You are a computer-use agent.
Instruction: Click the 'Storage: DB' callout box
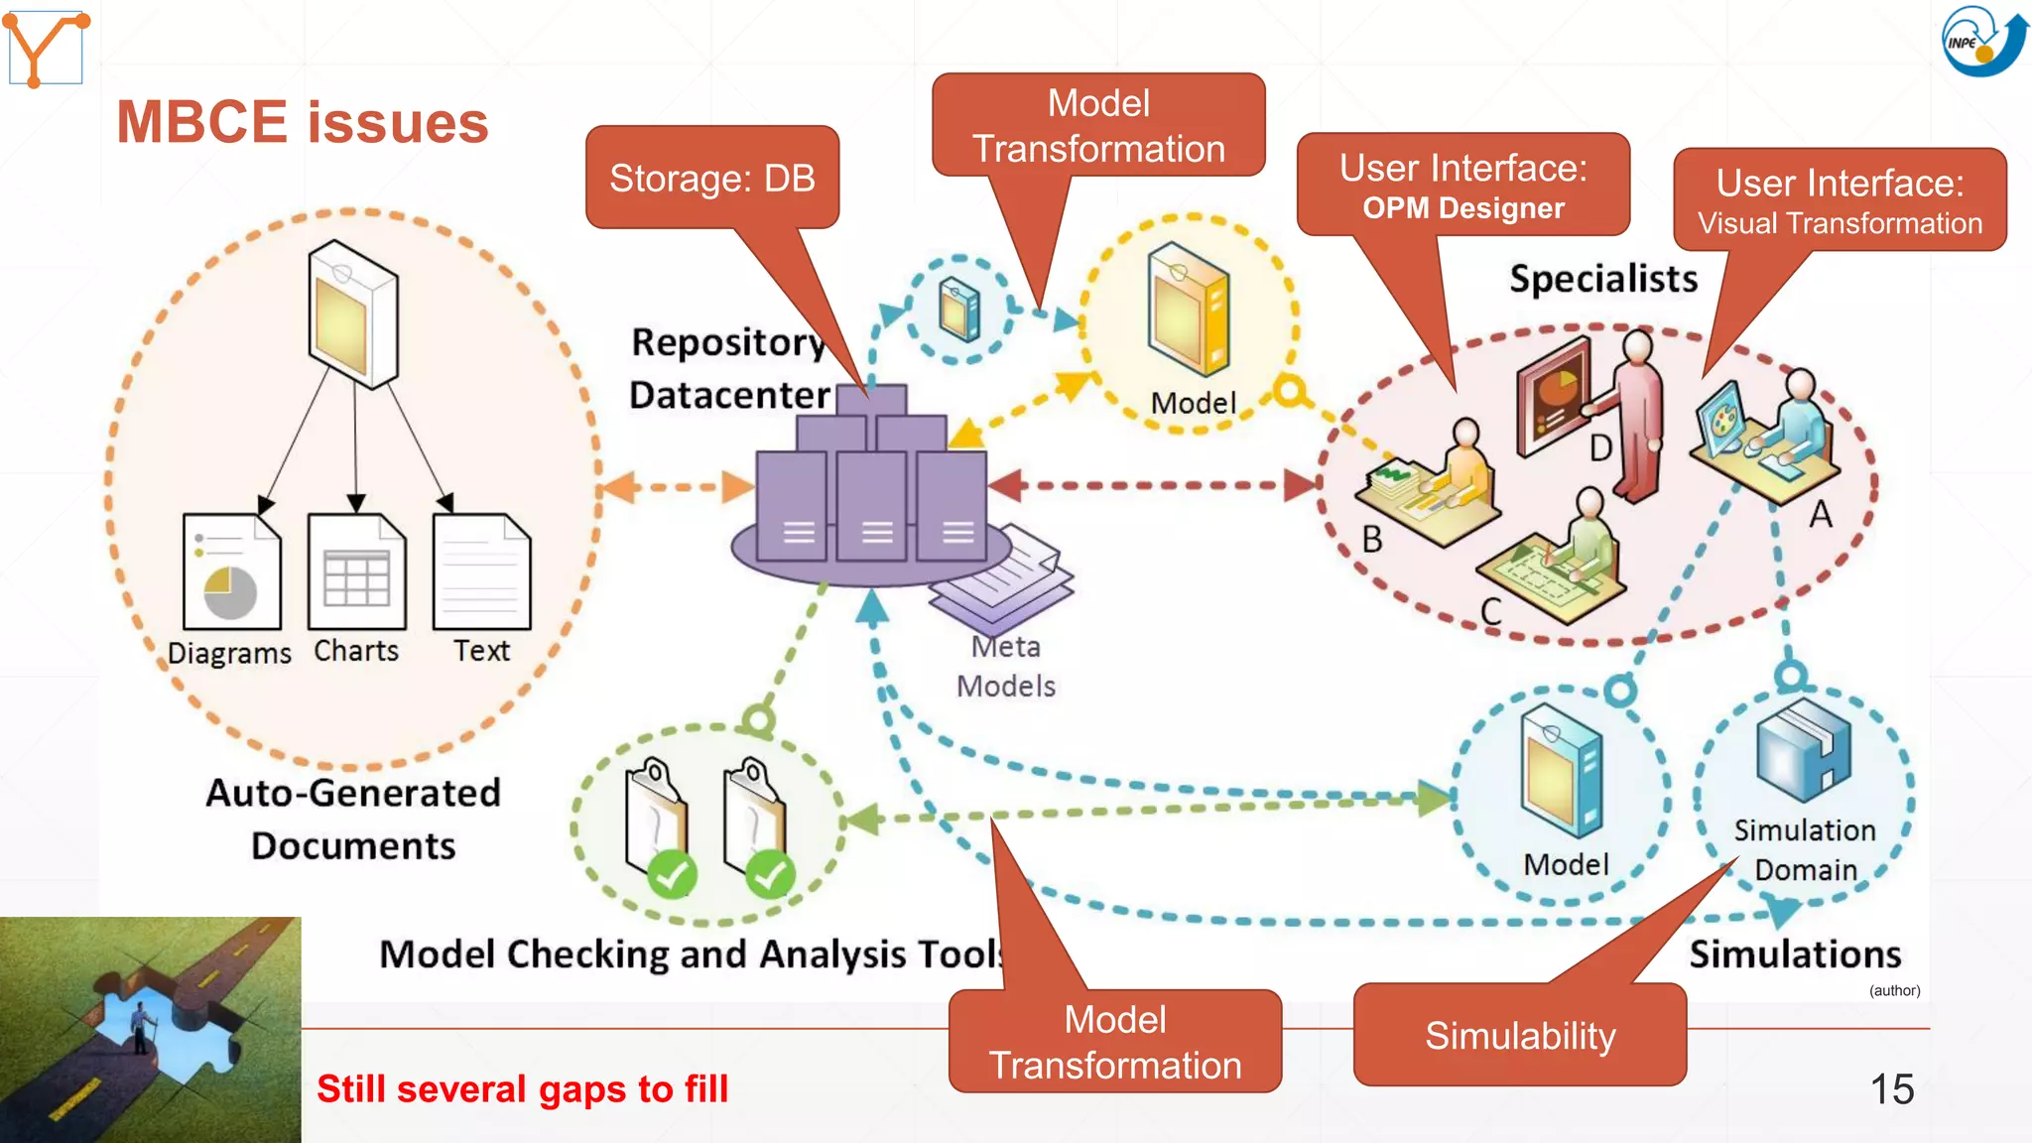tap(711, 178)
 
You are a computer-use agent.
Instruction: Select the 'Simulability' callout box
tap(1519, 1036)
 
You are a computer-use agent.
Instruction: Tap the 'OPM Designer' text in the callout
tap(1462, 208)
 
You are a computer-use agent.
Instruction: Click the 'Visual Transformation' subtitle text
tap(1839, 224)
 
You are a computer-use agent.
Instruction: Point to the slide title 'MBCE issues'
tap(303, 123)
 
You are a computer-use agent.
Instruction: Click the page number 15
tap(1891, 1089)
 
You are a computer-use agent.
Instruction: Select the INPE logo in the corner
tap(1981, 41)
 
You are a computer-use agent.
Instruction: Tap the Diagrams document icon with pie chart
tap(232, 571)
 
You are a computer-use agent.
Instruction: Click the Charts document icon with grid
tap(356, 571)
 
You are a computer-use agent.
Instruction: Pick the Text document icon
tap(482, 571)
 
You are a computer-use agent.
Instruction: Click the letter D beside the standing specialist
tap(1600, 448)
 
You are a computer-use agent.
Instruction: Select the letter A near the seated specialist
tap(1821, 514)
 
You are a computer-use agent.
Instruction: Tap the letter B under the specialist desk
tap(1372, 539)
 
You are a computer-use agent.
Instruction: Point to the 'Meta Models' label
tap(1005, 666)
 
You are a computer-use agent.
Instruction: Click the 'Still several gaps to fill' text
tap(522, 1089)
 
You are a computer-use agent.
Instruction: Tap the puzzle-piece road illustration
tap(150, 1030)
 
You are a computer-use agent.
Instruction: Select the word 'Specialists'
tap(1603, 279)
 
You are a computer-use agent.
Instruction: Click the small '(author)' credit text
tap(1894, 990)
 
